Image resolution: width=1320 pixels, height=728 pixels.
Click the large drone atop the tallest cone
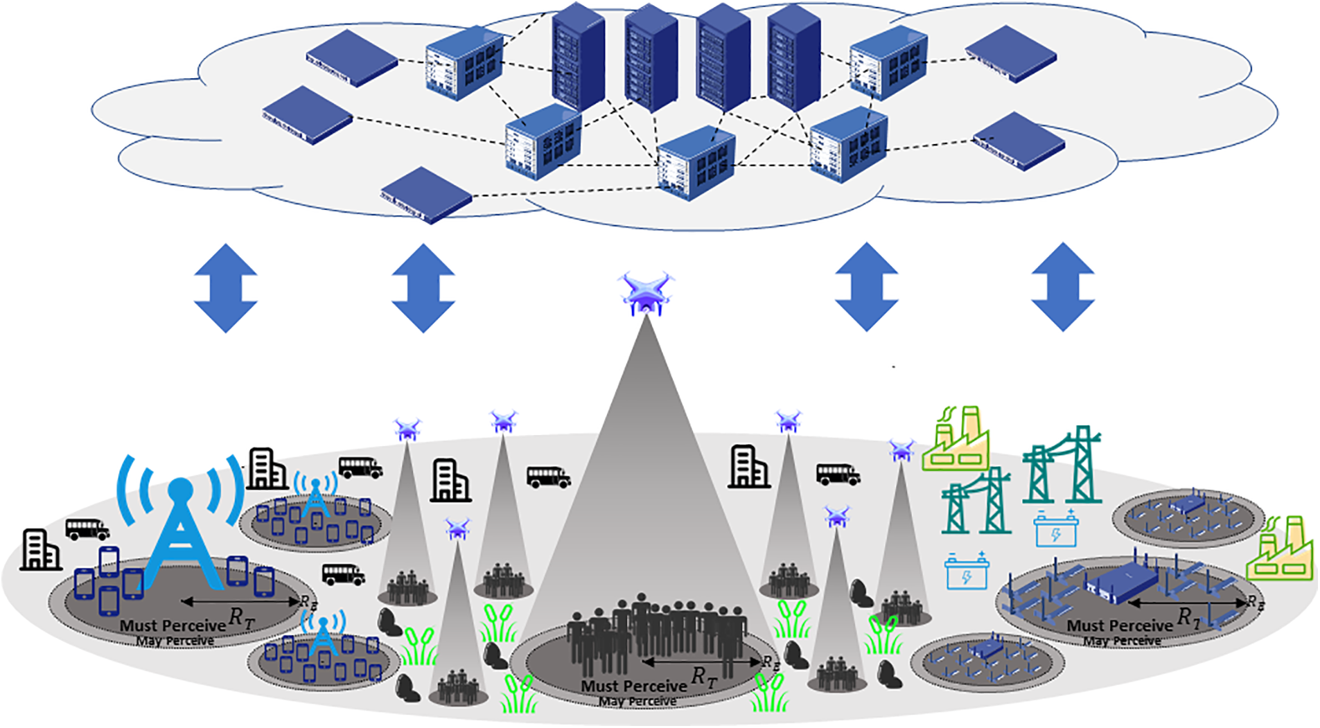(x=646, y=293)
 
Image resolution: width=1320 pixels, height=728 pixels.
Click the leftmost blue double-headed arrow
(x=226, y=287)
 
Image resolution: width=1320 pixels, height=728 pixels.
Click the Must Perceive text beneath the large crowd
(x=633, y=686)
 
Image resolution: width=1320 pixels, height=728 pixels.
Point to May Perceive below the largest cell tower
(x=175, y=641)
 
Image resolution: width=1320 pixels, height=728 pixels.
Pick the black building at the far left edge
(x=39, y=550)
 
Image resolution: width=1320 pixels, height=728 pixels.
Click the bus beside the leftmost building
(x=87, y=529)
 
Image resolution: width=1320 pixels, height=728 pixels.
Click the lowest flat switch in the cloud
(x=425, y=195)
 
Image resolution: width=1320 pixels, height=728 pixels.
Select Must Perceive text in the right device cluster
(x=1119, y=625)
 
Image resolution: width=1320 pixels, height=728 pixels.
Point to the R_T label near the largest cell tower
(x=241, y=616)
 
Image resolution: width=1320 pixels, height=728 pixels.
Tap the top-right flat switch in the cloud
(x=1010, y=54)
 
